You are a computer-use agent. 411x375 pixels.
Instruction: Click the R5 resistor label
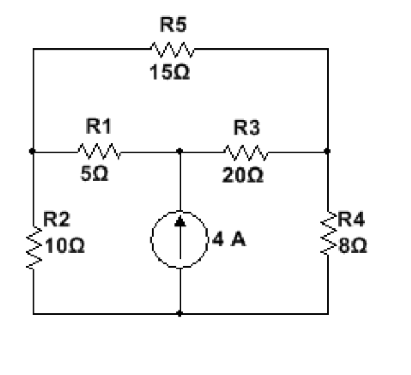point(173,25)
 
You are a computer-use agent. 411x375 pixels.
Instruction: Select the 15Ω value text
point(170,72)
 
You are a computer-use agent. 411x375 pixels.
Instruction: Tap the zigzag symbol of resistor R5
point(173,49)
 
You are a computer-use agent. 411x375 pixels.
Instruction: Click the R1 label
point(98,126)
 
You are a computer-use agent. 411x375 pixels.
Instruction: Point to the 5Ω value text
point(94,174)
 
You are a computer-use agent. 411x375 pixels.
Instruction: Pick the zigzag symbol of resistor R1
point(100,152)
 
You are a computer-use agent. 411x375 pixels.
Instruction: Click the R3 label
point(246,127)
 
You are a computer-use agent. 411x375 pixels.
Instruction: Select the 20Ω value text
point(242,175)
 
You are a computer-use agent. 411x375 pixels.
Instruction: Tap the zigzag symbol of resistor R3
point(246,152)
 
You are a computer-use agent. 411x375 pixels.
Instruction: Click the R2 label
point(56,219)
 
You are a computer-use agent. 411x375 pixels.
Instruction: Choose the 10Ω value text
point(65,246)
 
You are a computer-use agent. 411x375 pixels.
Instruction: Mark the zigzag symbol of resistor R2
point(33,248)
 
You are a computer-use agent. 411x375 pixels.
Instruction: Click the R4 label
point(351,219)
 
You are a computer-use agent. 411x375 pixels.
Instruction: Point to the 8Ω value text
point(353,246)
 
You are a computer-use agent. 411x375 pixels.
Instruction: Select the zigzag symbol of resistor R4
point(329,232)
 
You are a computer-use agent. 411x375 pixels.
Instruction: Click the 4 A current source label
point(229,239)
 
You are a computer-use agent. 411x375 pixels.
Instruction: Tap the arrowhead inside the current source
point(181,221)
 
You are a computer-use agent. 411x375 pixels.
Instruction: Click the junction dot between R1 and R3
point(179,152)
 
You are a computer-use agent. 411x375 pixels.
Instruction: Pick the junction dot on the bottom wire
point(179,313)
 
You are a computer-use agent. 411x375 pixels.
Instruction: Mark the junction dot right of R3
point(327,152)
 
